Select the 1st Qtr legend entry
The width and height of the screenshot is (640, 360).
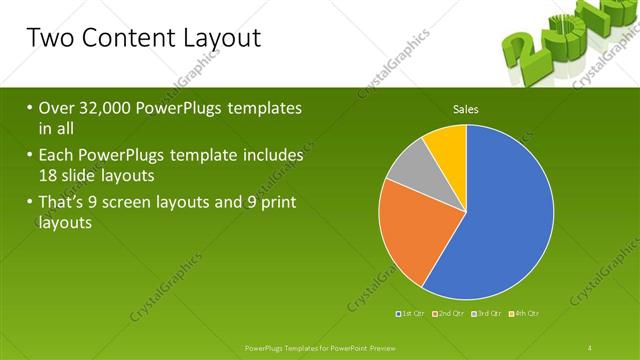[413, 314]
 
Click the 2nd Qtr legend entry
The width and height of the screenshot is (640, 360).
[451, 314]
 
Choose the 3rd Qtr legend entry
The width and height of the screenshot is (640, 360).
[488, 314]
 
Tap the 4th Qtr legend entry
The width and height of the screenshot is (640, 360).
[526, 314]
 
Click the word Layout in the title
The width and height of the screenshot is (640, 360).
[217, 39]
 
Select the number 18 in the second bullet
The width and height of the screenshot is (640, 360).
[50, 174]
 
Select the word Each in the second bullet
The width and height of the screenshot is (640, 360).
[56, 156]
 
